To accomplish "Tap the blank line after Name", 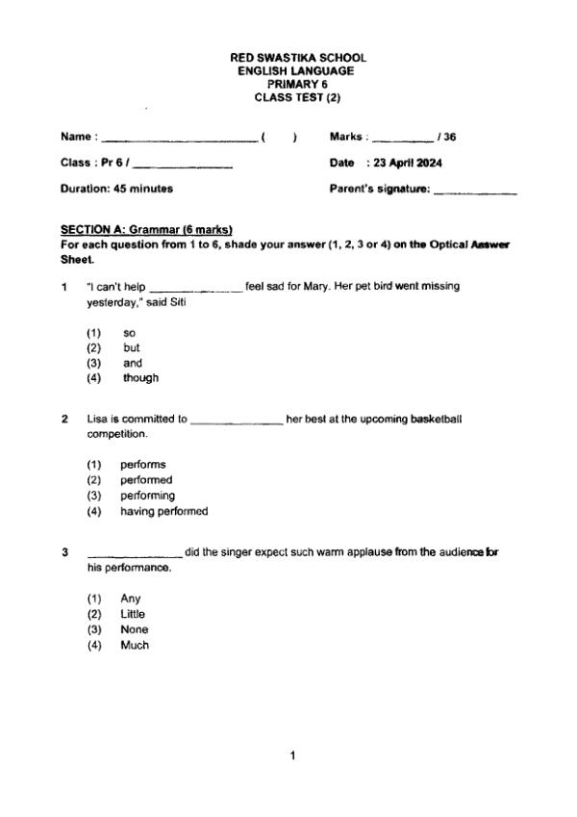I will [179, 139].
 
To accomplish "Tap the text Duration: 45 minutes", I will [116, 189].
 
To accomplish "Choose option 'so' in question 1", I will [130, 332].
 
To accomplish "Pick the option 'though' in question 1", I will [140, 378].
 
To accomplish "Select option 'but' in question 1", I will [132, 347].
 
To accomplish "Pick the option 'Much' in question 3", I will [134, 645].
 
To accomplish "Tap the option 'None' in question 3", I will [134, 629].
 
